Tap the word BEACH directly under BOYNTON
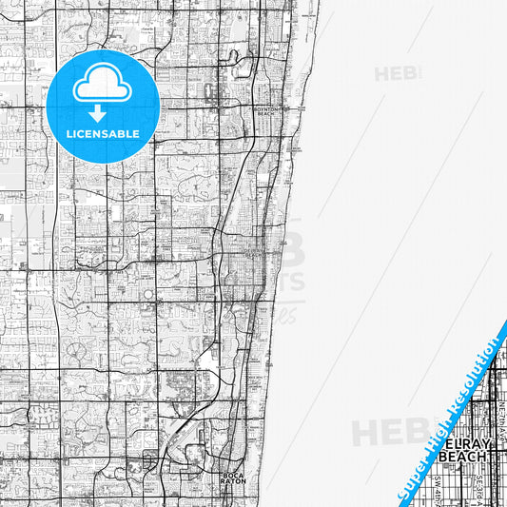click(264, 114)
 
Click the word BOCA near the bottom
click(234, 476)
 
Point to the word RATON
click(234, 482)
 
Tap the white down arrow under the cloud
click(103, 113)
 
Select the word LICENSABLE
click(103, 134)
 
